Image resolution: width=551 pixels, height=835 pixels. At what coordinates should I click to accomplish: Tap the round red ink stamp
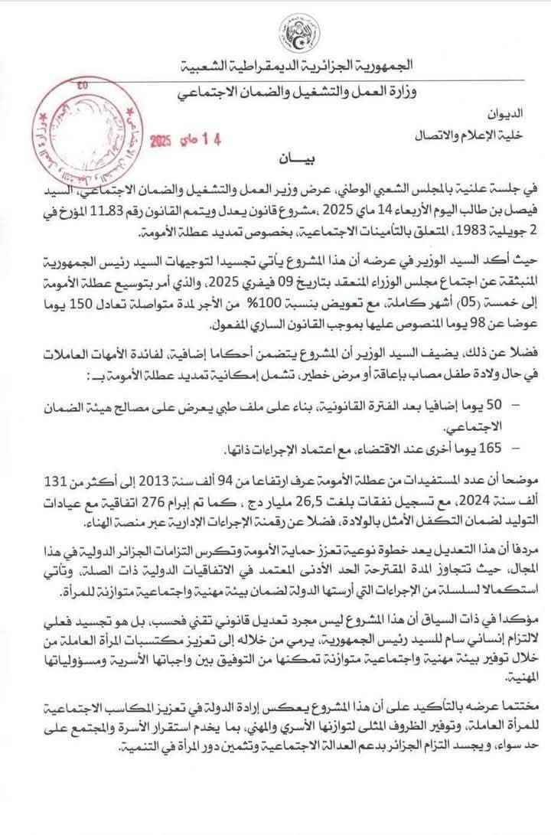tap(80, 139)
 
